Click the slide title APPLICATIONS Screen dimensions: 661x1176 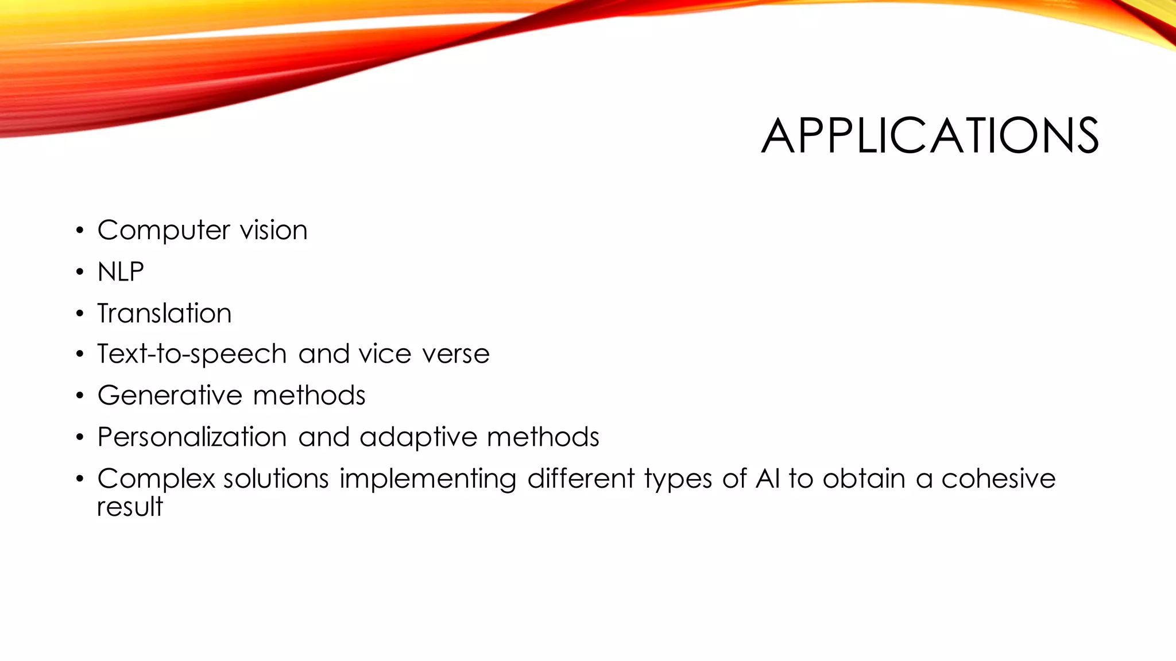point(930,136)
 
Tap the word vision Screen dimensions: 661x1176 point(273,230)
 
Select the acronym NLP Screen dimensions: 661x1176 point(121,272)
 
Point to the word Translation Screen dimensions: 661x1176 point(164,313)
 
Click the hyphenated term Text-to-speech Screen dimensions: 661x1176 point(192,354)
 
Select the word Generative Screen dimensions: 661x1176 point(170,395)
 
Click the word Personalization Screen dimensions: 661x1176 point(192,437)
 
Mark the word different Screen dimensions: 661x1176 point(581,479)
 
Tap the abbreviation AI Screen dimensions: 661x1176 point(768,479)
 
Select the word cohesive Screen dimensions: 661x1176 point(998,479)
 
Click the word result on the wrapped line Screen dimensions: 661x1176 point(130,507)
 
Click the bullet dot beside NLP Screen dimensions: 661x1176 point(80,273)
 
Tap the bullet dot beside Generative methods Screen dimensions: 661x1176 point(80,396)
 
